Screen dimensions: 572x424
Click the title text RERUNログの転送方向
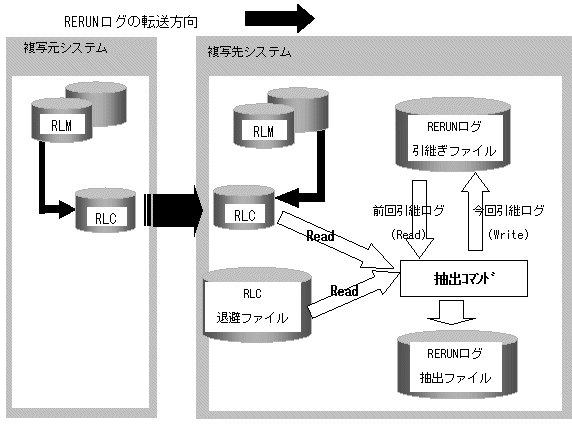pyautogui.click(x=131, y=22)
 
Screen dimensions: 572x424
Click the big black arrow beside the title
pyautogui.click(x=279, y=18)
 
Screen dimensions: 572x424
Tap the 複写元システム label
pyautogui.click(x=65, y=48)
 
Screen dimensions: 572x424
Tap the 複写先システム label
pyautogui.click(x=250, y=52)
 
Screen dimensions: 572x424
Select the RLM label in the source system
pyautogui.click(x=61, y=126)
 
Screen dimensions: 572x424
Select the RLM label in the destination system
pyautogui.click(x=263, y=131)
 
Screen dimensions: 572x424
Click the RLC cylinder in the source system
pyautogui.click(x=105, y=210)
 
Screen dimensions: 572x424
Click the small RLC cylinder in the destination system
pyautogui.click(x=244, y=207)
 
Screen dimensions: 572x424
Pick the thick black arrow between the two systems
pyautogui.click(x=173, y=211)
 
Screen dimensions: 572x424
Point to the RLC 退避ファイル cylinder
pyautogui.click(x=258, y=305)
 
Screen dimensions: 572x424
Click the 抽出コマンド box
pyautogui.click(x=464, y=278)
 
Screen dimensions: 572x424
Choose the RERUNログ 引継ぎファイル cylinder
pyautogui.click(x=453, y=134)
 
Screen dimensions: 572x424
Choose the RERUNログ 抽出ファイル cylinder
pyautogui.click(x=457, y=364)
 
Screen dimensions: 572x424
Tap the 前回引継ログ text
pyautogui.click(x=409, y=211)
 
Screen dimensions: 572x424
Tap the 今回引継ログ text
pyautogui.click(x=509, y=211)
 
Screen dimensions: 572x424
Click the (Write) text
pyautogui.click(x=508, y=234)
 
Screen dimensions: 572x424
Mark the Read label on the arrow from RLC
pyautogui.click(x=320, y=236)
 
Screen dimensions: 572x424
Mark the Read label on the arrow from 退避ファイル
pyautogui.click(x=344, y=291)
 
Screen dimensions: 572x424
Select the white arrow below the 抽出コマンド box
pyautogui.click(x=451, y=312)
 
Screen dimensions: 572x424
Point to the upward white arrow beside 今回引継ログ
pyautogui.click(x=475, y=211)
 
